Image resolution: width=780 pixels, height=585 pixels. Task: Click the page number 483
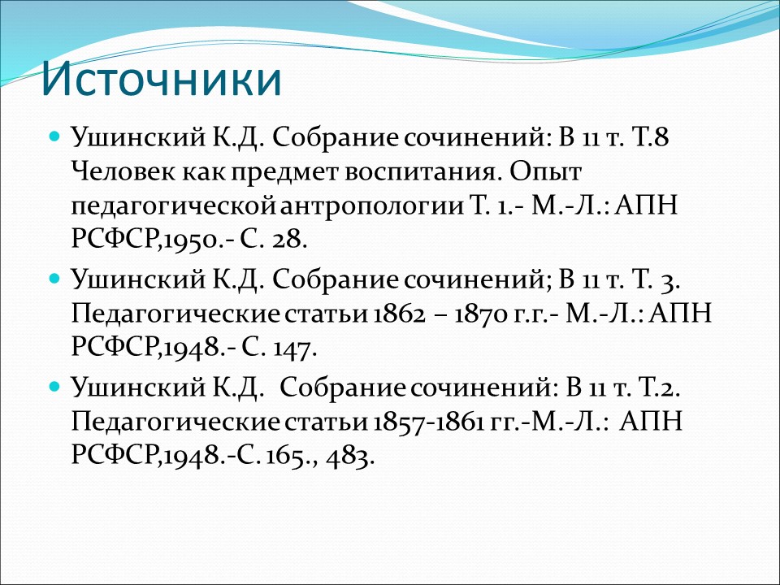pyautogui.click(x=349, y=457)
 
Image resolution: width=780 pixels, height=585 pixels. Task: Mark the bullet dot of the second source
pyautogui.click(x=55, y=279)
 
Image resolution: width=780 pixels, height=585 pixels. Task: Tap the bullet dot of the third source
pyautogui.click(x=55, y=387)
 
